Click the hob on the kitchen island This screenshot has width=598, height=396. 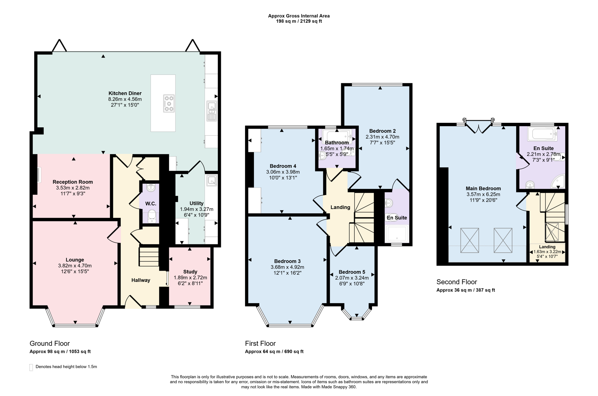[x=169, y=103]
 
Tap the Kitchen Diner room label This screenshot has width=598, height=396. [x=125, y=93]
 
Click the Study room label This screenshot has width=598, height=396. [x=190, y=272]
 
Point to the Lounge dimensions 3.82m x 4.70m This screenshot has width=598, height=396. [x=75, y=266]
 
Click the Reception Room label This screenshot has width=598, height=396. [x=73, y=182]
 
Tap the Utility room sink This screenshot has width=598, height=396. [x=212, y=180]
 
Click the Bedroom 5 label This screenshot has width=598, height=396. [x=352, y=272]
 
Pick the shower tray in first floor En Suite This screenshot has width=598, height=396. [x=396, y=234]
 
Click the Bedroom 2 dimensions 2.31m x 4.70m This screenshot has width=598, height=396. [x=382, y=137]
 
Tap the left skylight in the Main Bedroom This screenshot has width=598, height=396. [x=470, y=240]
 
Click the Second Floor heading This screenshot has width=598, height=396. [x=456, y=282]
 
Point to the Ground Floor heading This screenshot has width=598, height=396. [x=50, y=344]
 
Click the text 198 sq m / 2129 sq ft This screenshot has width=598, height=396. [x=299, y=21]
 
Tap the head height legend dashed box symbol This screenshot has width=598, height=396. [x=31, y=367]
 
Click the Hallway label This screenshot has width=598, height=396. [x=141, y=280]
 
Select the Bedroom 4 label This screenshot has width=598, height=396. [x=283, y=166]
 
